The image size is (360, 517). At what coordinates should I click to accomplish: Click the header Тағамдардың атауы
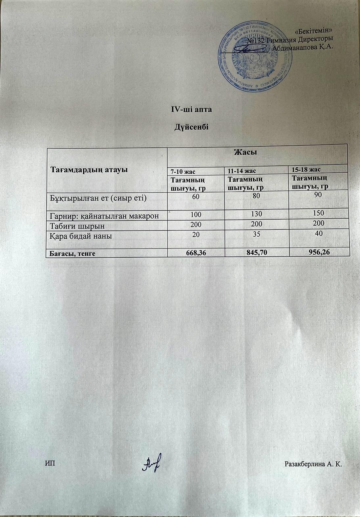(88, 169)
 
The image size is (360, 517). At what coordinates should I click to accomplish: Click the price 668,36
(197, 253)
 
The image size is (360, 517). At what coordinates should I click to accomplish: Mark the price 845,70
(257, 252)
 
